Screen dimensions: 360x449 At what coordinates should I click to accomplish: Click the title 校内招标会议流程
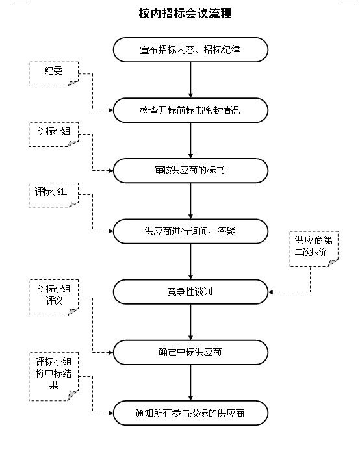click(x=185, y=13)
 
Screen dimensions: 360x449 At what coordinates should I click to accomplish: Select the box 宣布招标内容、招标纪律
click(x=190, y=50)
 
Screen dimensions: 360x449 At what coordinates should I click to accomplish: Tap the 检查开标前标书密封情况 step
click(x=190, y=110)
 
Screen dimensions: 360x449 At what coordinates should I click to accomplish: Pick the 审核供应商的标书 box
click(x=190, y=171)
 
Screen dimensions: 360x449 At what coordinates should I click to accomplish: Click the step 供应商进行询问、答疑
click(x=190, y=231)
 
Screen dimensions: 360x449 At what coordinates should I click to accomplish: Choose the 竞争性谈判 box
click(x=190, y=292)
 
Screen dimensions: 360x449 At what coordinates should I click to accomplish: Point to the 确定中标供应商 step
click(x=190, y=352)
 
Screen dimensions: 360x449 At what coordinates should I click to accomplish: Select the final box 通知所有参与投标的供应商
click(x=190, y=413)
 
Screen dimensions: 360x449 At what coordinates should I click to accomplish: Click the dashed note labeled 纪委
click(x=53, y=74)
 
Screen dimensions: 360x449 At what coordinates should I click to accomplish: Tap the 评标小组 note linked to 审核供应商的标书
click(x=53, y=135)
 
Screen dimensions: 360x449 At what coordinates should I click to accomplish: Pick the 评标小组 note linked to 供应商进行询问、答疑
click(x=53, y=195)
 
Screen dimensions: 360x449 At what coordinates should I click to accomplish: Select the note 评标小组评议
click(x=53, y=298)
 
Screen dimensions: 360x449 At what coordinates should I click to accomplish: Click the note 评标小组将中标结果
click(x=53, y=377)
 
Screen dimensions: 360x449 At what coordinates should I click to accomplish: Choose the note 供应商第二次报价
click(x=314, y=249)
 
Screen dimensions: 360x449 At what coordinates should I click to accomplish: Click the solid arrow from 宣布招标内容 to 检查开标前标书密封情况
click(x=190, y=80)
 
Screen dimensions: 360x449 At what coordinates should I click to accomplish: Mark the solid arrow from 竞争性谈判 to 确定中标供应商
click(x=190, y=322)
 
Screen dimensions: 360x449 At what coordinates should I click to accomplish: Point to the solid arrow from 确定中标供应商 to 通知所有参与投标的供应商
click(x=190, y=383)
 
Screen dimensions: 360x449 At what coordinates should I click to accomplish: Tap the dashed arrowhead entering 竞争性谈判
click(x=270, y=292)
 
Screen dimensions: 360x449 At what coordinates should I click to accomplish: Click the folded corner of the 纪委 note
click(x=73, y=83)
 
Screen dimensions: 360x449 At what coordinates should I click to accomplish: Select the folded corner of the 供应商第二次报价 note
click(x=333, y=263)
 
